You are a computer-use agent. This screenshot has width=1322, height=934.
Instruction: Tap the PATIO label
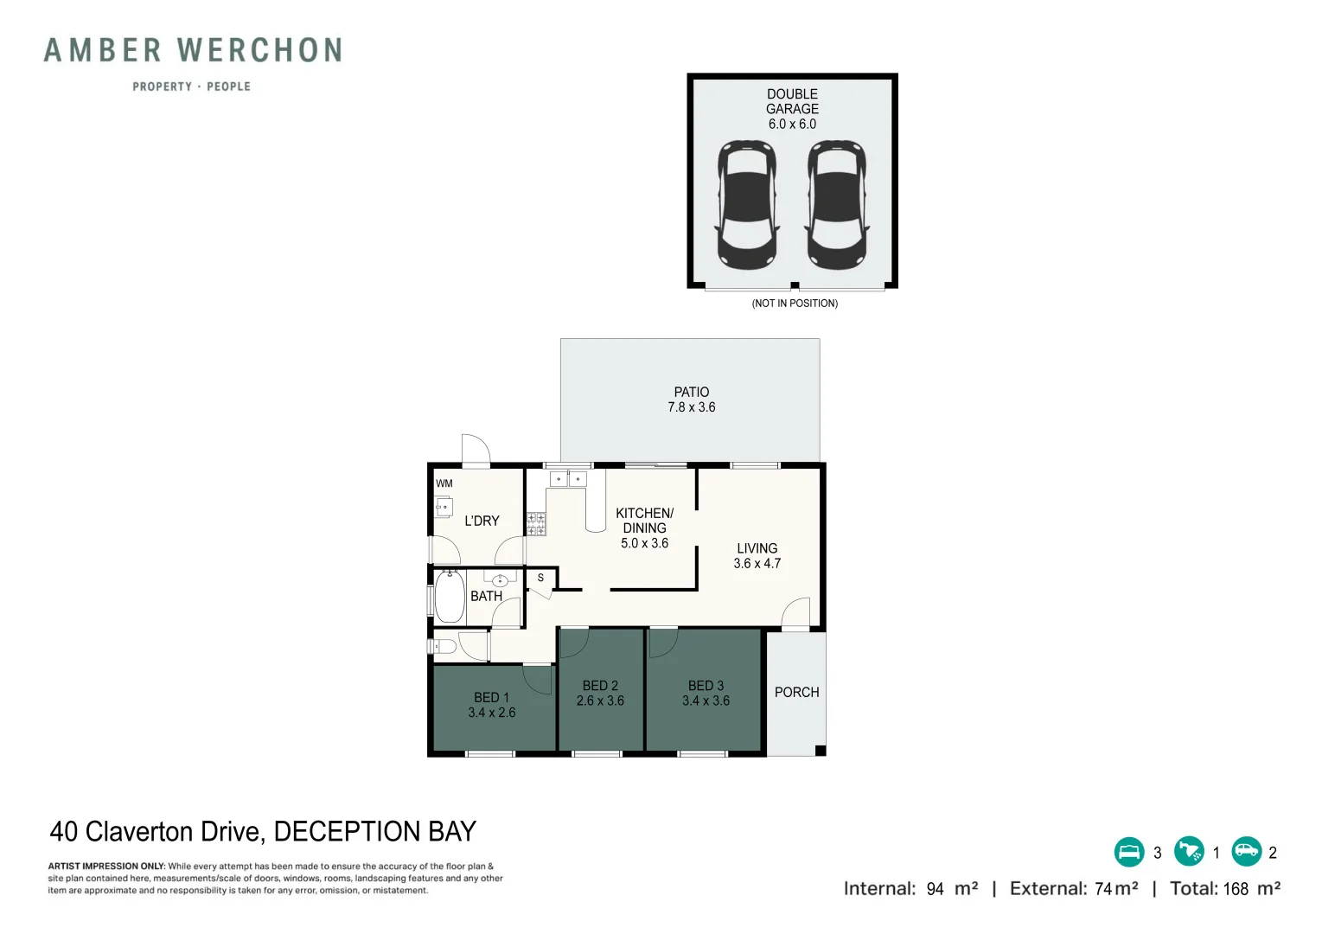tap(692, 392)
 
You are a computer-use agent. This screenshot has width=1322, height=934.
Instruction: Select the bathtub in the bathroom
tap(450, 597)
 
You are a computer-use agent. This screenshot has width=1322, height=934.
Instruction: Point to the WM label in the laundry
tap(444, 483)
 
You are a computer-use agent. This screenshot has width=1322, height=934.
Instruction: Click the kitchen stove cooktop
tap(536, 524)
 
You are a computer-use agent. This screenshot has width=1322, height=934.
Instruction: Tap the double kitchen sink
tap(568, 479)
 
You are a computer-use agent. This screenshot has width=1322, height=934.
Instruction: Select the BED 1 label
tap(491, 697)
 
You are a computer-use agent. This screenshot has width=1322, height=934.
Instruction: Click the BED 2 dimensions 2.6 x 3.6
tap(600, 700)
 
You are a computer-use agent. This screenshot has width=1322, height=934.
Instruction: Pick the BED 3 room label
tap(706, 686)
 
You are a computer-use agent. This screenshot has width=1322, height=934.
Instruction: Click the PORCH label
tap(796, 692)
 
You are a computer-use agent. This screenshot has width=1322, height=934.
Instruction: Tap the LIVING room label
tap(757, 548)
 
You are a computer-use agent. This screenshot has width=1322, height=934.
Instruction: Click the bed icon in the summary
tap(1129, 852)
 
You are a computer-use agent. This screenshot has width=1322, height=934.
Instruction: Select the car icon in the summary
tap(1247, 852)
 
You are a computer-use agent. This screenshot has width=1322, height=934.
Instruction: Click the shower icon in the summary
tap(1189, 852)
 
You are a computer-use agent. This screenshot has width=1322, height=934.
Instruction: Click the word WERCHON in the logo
tap(259, 50)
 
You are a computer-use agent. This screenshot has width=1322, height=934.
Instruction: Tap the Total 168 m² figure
tap(1225, 888)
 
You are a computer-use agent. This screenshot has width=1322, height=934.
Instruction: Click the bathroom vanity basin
tap(501, 580)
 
